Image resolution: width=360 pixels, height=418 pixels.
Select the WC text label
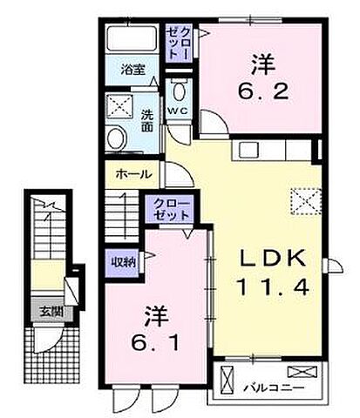(178, 111)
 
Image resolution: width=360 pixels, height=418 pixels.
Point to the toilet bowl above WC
(180, 90)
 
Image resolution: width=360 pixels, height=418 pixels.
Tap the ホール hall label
(128, 174)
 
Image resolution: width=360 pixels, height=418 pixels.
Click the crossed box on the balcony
(229, 382)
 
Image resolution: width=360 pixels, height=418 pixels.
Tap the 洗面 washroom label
(148, 118)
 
